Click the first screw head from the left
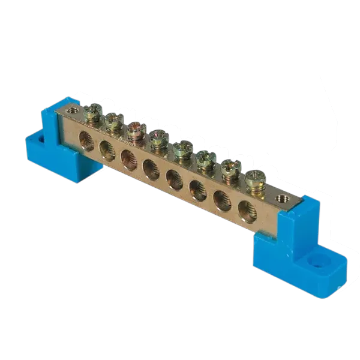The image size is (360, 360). [x=93, y=112]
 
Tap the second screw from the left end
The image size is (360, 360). [x=112, y=121]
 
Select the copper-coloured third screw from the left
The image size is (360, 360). [x=134, y=129]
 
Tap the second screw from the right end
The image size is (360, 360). [x=229, y=169]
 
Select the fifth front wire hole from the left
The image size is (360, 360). [x=173, y=178]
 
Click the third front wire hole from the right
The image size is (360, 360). [x=197, y=188]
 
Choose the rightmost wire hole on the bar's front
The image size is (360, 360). [x=246, y=210]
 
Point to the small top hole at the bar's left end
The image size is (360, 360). [x=74, y=109]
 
